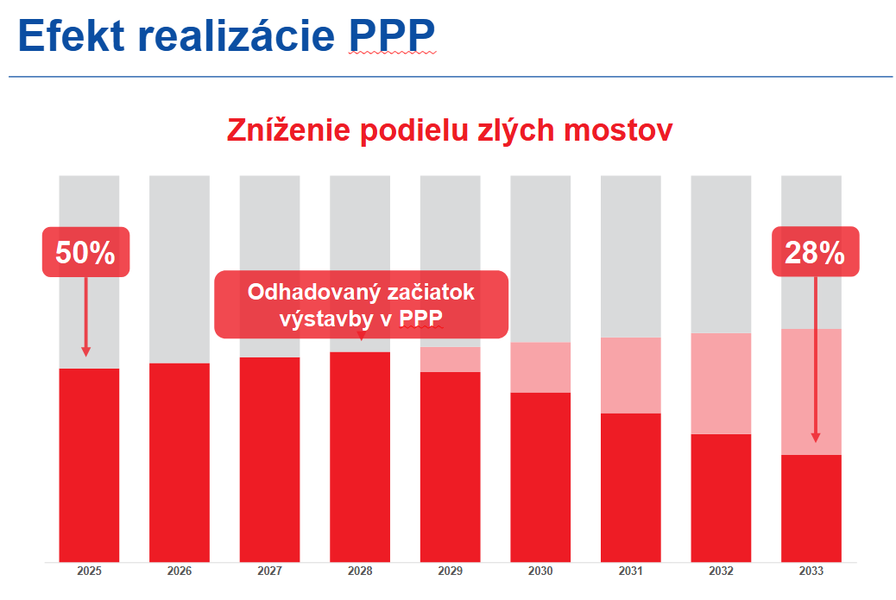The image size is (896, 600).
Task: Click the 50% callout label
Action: pyautogui.click(x=85, y=252)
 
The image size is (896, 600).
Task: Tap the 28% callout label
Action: pyautogui.click(x=815, y=252)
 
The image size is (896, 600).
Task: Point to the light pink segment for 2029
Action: pyautogui.click(x=450, y=359)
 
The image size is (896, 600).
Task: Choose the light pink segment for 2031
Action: pyautogui.click(x=631, y=375)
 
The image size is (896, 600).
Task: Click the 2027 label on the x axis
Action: pyautogui.click(x=269, y=572)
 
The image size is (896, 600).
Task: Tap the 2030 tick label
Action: pyautogui.click(x=540, y=572)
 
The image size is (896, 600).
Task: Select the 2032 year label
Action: pyautogui.click(x=721, y=572)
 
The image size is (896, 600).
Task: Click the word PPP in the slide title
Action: pyautogui.click(x=393, y=36)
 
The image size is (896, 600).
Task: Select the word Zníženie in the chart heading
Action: pyautogui.click(x=288, y=129)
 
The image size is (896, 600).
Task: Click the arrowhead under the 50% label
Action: pyautogui.click(x=85, y=351)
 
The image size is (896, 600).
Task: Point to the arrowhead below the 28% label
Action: pyautogui.click(x=815, y=438)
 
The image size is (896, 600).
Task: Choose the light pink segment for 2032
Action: pyautogui.click(x=721, y=383)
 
